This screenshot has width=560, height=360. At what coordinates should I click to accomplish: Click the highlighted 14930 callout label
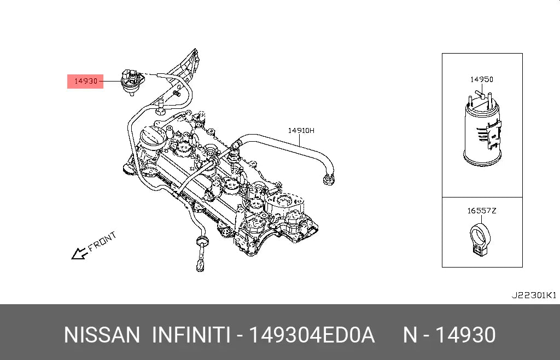[x=85, y=82]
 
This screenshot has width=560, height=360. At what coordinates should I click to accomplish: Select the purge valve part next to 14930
[x=130, y=82]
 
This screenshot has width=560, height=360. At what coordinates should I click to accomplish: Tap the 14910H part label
[x=301, y=131]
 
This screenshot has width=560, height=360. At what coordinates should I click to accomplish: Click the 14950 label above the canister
[x=481, y=79]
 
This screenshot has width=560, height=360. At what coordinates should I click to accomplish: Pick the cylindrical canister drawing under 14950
[x=482, y=133]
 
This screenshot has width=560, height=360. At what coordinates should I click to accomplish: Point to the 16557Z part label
[x=482, y=211]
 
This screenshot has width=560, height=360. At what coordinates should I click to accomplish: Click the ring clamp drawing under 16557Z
[x=480, y=239]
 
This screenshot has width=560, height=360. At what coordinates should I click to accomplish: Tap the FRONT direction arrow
[x=80, y=253]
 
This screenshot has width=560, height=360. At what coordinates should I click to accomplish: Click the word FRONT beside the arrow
[x=102, y=241]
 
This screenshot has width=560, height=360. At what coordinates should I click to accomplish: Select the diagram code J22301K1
[x=534, y=295]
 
